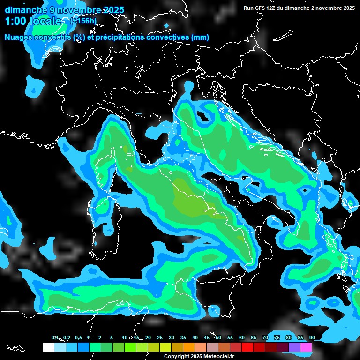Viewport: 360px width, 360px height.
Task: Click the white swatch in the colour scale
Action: [48, 347]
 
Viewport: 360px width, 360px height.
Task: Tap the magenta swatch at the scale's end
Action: [306, 347]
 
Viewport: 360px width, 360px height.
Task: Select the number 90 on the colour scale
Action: [312, 337]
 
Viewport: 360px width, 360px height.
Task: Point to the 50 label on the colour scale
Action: [218, 337]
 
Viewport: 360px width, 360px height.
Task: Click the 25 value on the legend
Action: [159, 337]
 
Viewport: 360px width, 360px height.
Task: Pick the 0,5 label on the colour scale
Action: [78, 337]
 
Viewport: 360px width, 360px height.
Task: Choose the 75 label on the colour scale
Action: [277, 337]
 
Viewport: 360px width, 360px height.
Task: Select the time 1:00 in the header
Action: [15, 21]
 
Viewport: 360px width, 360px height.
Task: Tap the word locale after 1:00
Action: [45, 21]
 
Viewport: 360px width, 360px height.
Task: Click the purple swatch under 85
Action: [294, 347]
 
